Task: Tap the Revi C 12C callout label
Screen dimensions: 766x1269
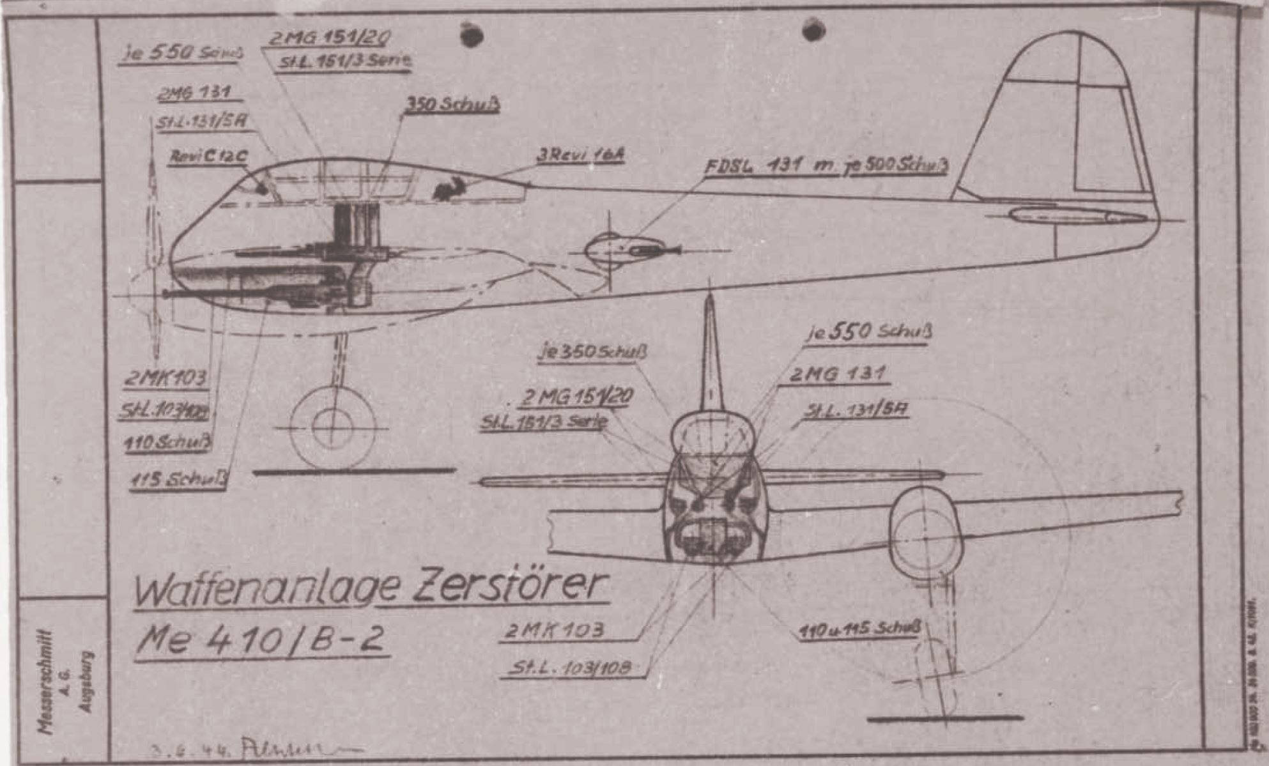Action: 208,157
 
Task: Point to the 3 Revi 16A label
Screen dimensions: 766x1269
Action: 580,155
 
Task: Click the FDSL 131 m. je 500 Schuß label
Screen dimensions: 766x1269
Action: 826,166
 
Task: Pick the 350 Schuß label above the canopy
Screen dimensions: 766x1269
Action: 452,105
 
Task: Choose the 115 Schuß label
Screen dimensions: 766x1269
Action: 178,480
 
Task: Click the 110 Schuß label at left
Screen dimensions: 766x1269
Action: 167,443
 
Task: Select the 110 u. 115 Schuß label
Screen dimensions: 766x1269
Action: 860,630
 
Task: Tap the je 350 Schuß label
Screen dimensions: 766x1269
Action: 593,351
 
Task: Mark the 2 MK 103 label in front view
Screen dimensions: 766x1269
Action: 554,631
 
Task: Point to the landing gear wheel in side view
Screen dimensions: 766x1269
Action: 332,427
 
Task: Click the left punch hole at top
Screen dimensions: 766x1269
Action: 471,34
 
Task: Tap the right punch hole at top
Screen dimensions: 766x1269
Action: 813,29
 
